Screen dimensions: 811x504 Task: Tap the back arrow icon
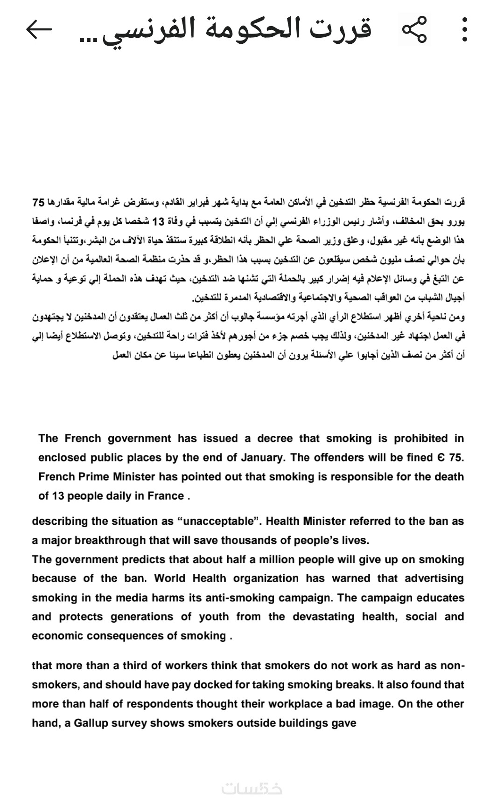pyautogui.click(x=39, y=29)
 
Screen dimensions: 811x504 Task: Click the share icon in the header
pyautogui.click(x=414, y=29)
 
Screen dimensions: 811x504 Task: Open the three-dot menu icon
pyautogui.click(x=464, y=29)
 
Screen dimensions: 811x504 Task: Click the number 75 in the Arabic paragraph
pyautogui.click(x=38, y=203)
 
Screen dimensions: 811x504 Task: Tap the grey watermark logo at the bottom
pyautogui.click(x=252, y=789)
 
